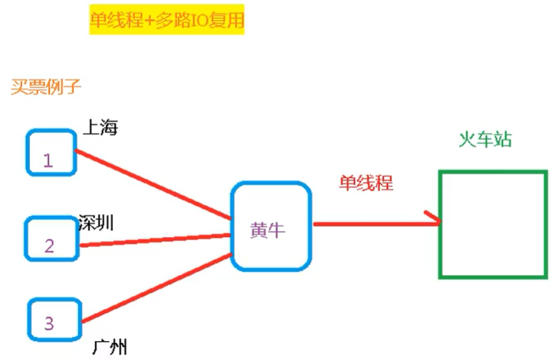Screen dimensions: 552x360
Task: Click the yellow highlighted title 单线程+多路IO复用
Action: [x=166, y=22]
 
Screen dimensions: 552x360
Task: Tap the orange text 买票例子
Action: [x=46, y=86]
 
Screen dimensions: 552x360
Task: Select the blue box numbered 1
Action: [x=52, y=151]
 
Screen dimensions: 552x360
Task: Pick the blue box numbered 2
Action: [x=52, y=238]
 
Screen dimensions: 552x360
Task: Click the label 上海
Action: [x=100, y=128]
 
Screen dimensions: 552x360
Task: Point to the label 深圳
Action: [x=96, y=222]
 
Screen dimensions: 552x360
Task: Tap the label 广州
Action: [x=109, y=348]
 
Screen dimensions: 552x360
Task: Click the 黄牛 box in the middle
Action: [x=272, y=226]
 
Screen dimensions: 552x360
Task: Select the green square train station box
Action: [x=493, y=224]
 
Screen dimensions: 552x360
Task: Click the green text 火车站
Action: [x=485, y=140]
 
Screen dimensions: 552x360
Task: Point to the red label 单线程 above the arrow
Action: [x=366, y=182]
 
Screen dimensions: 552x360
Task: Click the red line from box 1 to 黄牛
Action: [x=153, y=185]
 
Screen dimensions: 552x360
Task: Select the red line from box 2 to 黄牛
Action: [x=153, y=240]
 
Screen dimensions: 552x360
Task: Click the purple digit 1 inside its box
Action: [x=48, y=160]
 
